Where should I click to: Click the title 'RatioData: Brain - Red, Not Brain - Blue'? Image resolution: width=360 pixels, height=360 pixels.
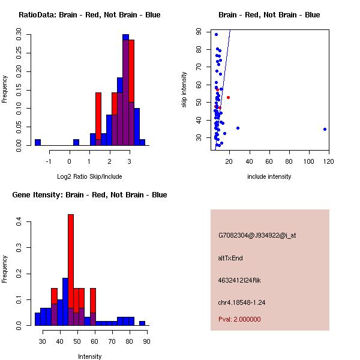click(89, 15)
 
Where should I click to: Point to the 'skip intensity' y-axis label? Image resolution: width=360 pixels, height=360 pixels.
click(184, 90)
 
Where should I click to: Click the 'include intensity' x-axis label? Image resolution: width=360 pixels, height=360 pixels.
click(269, 176)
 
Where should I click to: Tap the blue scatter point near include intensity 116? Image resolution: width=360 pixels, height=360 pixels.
click(325, 129)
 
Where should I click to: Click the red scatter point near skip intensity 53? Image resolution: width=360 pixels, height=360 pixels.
click(228, 97)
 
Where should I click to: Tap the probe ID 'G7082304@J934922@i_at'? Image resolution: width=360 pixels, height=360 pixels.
click(257, 235)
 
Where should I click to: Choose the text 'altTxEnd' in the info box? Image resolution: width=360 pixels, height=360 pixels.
click(230, 258)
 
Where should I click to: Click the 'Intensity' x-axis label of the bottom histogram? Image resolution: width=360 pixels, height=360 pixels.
click(89, 356)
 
